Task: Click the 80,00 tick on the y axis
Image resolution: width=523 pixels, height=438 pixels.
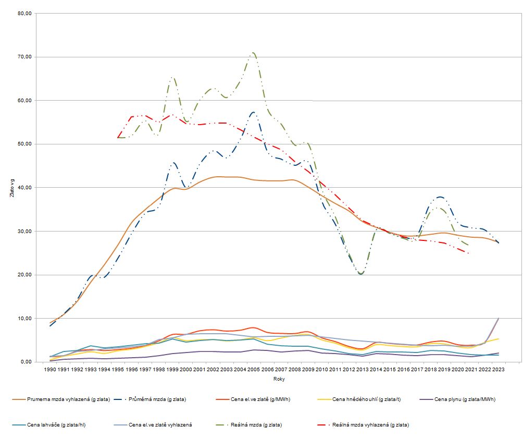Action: pos(25,13)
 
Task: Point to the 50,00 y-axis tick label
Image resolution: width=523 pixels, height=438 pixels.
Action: pos(25,144)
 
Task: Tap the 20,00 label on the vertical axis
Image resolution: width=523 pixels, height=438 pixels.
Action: pos(25,275)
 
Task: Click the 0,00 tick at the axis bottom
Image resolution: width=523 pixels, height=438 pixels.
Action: pos(27,362)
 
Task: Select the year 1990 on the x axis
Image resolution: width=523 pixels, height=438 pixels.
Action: pos(50,369)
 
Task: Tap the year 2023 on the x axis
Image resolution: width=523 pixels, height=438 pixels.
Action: pos(497,369)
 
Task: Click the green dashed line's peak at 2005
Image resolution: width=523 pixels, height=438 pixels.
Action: pos(253,53)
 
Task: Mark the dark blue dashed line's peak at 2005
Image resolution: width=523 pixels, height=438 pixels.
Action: pos(253,112)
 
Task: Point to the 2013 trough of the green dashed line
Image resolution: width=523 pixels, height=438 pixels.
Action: pos(361,274)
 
